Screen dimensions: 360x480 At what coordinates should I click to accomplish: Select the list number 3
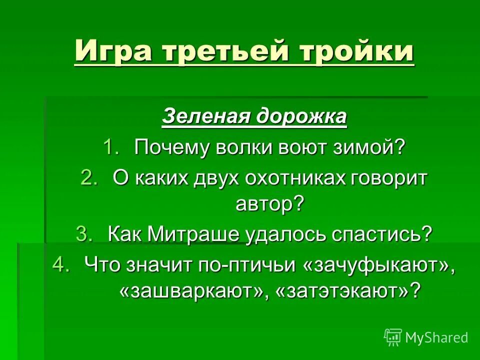click(84, 234)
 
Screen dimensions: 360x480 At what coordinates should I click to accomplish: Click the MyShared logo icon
click(393, 337)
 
